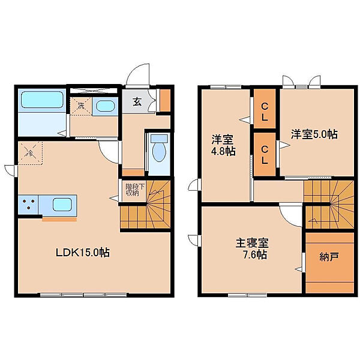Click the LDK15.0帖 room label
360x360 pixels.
point(83,253)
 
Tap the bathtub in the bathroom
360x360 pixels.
point(42,100)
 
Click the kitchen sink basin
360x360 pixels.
point(62,205)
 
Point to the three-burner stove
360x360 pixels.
point(28,205)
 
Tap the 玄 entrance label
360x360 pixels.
point(137,102)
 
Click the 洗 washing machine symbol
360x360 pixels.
point(81,106)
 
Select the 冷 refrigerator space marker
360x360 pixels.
point(31,153)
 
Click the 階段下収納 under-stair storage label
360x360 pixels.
point(135,190)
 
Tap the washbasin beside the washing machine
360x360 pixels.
point(105,106)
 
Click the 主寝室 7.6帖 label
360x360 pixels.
point(251,249)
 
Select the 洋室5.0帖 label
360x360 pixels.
point(314,134)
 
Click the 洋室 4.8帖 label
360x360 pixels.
point(223,145)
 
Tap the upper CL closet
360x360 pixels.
point(265,109)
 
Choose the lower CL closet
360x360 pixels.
point(265,155)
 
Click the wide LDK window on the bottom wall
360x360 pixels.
point(83,295)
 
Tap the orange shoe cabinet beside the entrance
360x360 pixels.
point(165,100)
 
